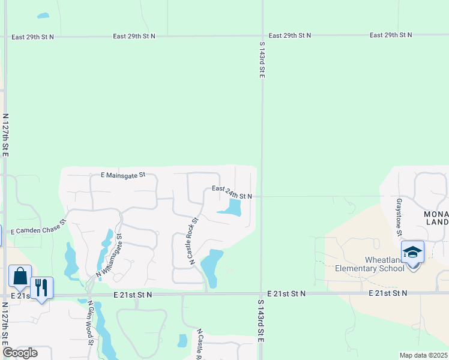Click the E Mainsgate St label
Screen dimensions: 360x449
click(124, 175)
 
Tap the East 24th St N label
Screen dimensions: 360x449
click(232, 193)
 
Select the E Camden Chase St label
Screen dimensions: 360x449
click(37, 226)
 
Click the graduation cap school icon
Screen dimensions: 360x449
click(412, 251)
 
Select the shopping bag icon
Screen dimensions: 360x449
click(20, 277)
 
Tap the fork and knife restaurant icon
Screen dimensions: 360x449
click(41, 287)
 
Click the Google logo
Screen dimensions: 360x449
click(20, 353)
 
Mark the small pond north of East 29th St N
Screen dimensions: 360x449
click(43, 16)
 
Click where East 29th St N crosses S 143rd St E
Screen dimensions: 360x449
click(262, 36)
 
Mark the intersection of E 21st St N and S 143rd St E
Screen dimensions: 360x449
click(262, 294)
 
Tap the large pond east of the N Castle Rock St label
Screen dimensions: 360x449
click(211, 266)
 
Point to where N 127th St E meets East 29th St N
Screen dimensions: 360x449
click(5, 37)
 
